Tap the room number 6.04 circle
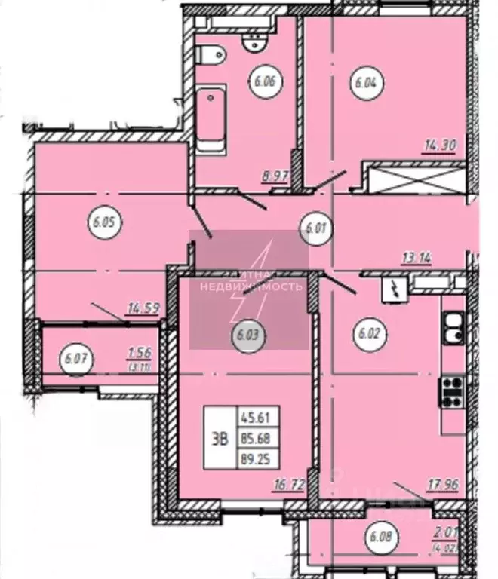[x=364, y=83]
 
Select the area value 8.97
[x=276, y=178]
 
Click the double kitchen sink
[x=453, y=329]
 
